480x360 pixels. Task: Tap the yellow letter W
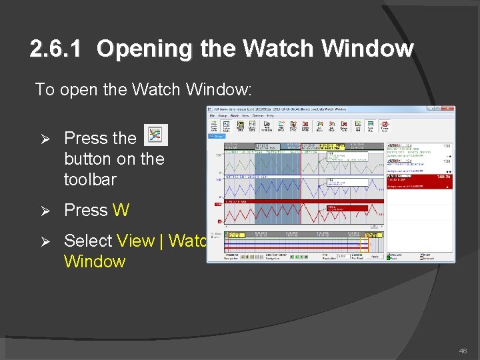point(121,210)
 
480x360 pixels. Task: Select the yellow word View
point(135,241)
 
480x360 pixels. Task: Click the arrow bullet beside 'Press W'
point(46,211)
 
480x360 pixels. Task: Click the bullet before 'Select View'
point(46,241)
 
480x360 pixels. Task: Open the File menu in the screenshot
point(212,115)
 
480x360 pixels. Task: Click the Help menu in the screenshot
point(270,115)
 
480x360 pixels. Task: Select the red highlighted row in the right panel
point(421,177)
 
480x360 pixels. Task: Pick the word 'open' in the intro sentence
point(80,89)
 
